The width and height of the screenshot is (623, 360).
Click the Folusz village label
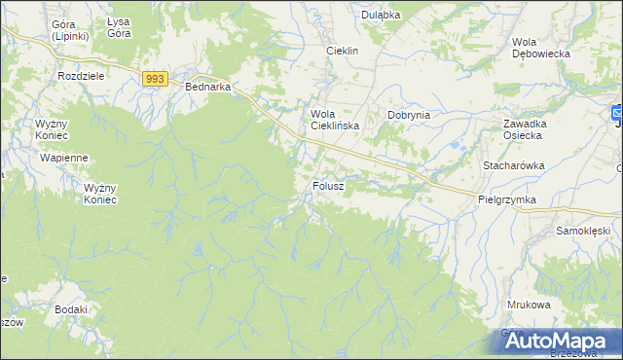(x=329, y=185)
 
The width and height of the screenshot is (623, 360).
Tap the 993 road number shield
(x=155, y=78)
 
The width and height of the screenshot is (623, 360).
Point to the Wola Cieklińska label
(x=335, y=120)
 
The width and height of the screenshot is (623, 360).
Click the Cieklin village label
(x=343, y=51)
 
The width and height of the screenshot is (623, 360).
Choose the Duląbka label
(x=382, y=15)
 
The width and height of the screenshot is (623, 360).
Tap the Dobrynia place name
(x=409, y=115)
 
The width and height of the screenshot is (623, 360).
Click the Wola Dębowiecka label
(x=540, y=48)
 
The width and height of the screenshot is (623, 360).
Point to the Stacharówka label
(x=513, y=166)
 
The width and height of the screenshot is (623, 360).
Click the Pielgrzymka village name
(x=507, y=198)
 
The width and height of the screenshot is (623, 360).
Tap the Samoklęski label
(x=582, y=231)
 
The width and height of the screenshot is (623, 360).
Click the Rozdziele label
(x=82, y=76)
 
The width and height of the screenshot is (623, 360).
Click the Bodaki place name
(x=72, y=309)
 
